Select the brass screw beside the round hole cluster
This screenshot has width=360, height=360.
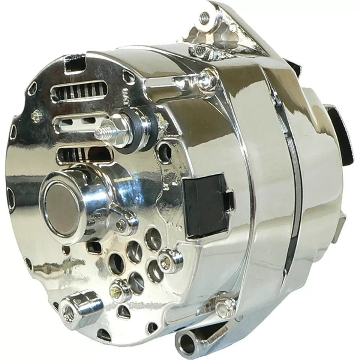[115, 288]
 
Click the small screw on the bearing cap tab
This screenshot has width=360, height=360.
[121, 224]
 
